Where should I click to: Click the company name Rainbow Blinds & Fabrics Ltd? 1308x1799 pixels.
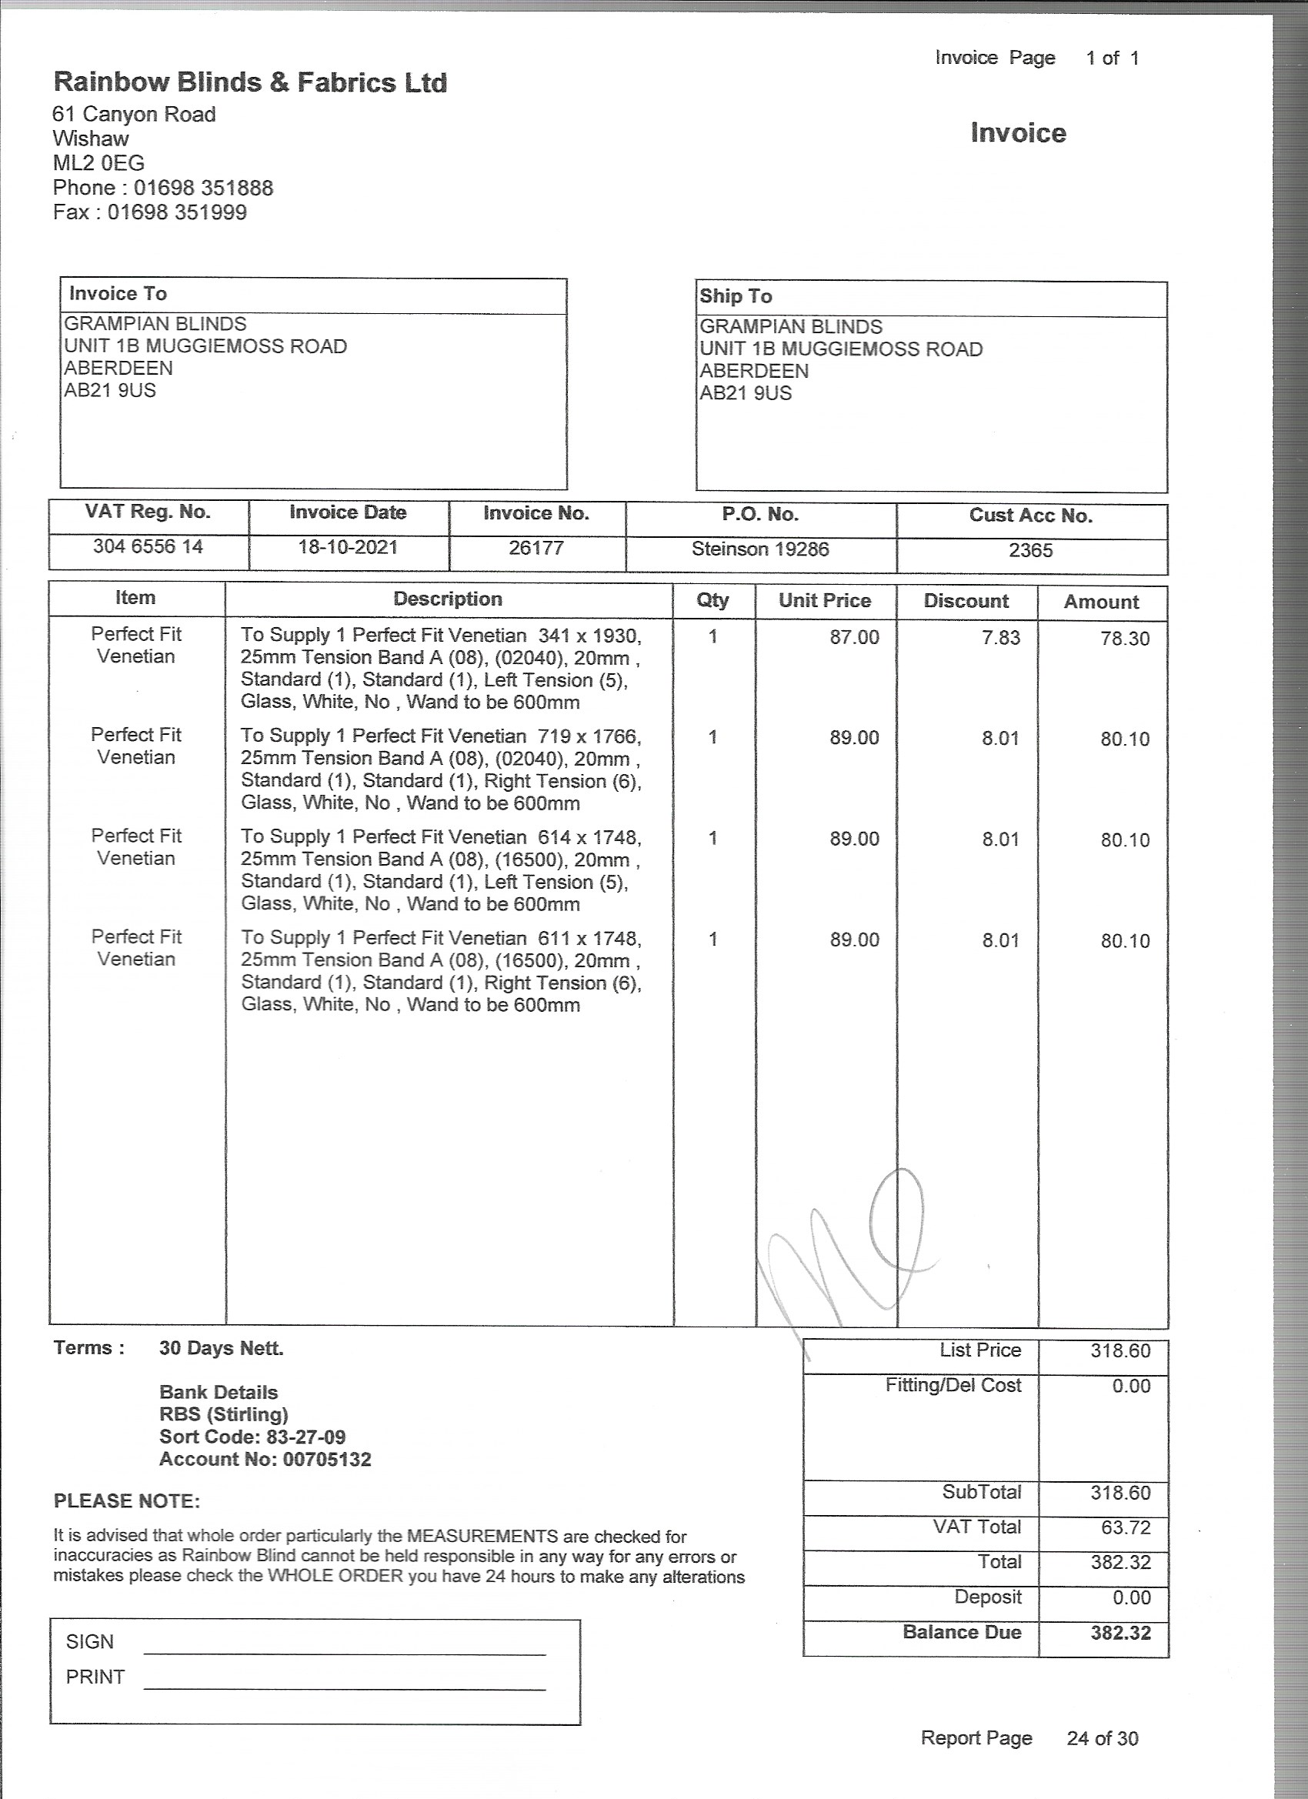click(250, 82)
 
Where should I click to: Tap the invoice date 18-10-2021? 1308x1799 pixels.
click(348, 547)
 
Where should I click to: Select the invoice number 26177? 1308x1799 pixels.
click(536, 548)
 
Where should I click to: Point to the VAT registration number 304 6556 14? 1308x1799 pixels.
click(148, 546)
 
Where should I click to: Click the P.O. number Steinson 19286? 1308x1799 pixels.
click(760, 549)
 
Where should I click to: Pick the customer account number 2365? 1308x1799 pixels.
click(1030, 550)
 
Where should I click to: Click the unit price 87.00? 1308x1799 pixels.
click(854, 637)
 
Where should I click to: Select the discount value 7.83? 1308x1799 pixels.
click(1000, 638)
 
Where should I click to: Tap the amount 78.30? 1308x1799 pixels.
click(1124, 639)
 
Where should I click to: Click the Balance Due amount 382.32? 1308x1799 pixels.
click(1120, 1634)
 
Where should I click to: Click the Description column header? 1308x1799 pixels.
click(448, 599)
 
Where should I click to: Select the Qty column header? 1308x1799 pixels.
click(712, 600)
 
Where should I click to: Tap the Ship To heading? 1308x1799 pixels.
click(736, 297)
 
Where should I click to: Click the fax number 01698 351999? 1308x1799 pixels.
click(177, 212)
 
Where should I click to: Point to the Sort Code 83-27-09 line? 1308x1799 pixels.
click(252, 1437)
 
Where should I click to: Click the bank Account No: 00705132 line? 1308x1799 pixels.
click(265, 1459)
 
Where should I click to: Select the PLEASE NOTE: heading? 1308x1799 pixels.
click(127, 1500)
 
